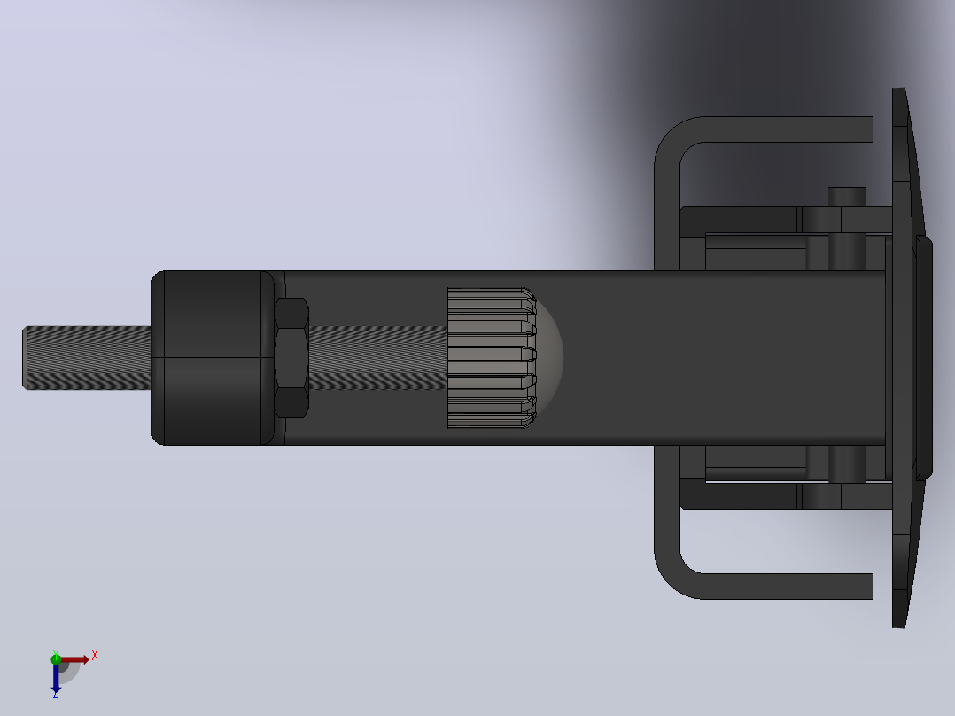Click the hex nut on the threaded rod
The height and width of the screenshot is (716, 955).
click(x=291, y=358)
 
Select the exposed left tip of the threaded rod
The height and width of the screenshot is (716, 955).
click(x=25, y=358)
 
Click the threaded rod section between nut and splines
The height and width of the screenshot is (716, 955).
click(x=378, y=358)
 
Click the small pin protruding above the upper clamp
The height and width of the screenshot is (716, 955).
click(x=847, y=197)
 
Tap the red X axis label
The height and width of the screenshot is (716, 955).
click(x=95, y=656)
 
